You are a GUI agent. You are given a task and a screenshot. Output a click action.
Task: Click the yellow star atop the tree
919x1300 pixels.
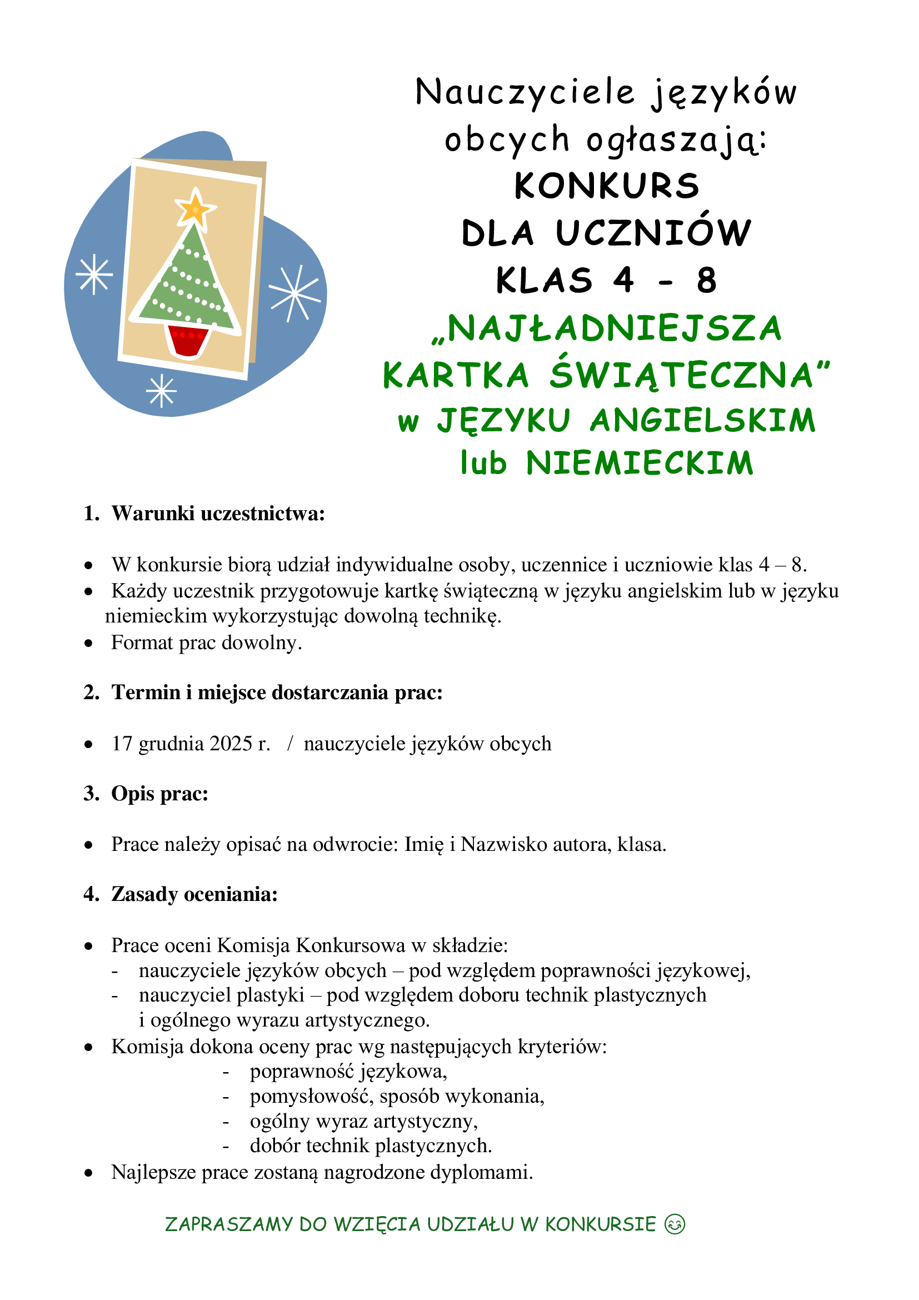pyautogui.click(x=195, y=208)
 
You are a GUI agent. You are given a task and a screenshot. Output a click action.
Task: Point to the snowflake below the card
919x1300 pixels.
pyautogui.click(x=161, y=390)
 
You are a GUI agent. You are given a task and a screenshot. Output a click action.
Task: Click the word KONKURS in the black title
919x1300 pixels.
pyautogui.click(x=607, y=186)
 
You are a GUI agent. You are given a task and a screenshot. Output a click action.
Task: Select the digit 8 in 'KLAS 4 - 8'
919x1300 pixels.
pyautogui.click(x=707, y=280)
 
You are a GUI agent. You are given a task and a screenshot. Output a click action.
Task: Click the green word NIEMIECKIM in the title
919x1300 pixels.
pyautogui.click(x=640, y=463)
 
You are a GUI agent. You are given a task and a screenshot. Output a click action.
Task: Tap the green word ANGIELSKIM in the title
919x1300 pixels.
pyautogui.click(x=702, y=421)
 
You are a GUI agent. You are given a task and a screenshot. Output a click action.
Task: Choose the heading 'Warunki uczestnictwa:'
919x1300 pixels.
pyautogui.click(x=218, y=513)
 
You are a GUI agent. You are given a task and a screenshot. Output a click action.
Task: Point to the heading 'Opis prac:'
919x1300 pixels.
pyautogui.click(x=159, y=793)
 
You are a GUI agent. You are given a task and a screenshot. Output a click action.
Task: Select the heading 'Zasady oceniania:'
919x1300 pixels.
pyautogui.click(x=194, y=894)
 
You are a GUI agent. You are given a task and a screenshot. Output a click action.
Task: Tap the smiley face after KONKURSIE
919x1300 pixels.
pyautogui.click(x=675, y=1224)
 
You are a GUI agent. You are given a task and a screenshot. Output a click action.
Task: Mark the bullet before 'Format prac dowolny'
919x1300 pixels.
pyautogui.click(x=88, y=643)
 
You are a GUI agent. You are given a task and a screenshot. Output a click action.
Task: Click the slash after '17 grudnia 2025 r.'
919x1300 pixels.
pyautogui.click(x=289, y=744)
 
